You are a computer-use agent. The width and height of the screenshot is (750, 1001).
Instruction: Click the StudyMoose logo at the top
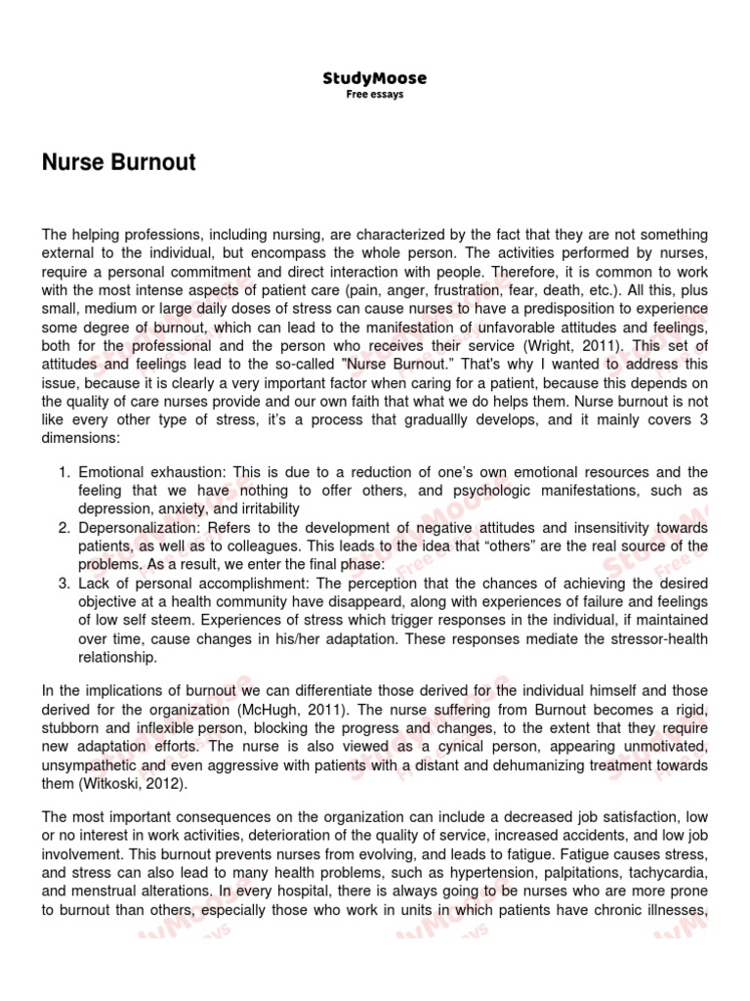374,78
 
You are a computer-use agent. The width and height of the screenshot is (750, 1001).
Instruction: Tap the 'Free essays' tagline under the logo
374,95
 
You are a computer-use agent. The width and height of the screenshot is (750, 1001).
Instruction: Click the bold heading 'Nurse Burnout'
118,162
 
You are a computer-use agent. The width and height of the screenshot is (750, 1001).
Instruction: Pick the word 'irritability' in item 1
265,509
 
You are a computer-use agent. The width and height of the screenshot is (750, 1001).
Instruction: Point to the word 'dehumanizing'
537,764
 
